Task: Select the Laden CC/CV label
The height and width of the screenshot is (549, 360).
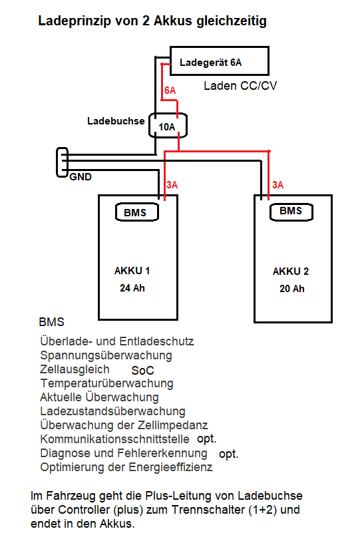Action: (240, 86)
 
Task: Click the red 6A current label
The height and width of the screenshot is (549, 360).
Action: (170, 91)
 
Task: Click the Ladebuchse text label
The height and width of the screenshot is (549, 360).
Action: (116, 121)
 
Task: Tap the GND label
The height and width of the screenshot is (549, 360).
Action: (81, 177)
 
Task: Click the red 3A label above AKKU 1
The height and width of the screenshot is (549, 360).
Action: (172, 184)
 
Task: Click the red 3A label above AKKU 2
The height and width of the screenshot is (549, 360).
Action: (277, 184)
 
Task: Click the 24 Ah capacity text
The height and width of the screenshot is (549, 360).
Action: (132, 287)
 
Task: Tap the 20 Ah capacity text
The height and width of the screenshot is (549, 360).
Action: (291, 289)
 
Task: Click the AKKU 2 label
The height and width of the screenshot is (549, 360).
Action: (291, 272)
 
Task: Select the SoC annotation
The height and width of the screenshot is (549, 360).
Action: (142, 371)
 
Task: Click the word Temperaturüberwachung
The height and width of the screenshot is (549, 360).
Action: (107, 383)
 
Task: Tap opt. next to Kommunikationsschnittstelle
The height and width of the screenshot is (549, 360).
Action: (207, 439)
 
